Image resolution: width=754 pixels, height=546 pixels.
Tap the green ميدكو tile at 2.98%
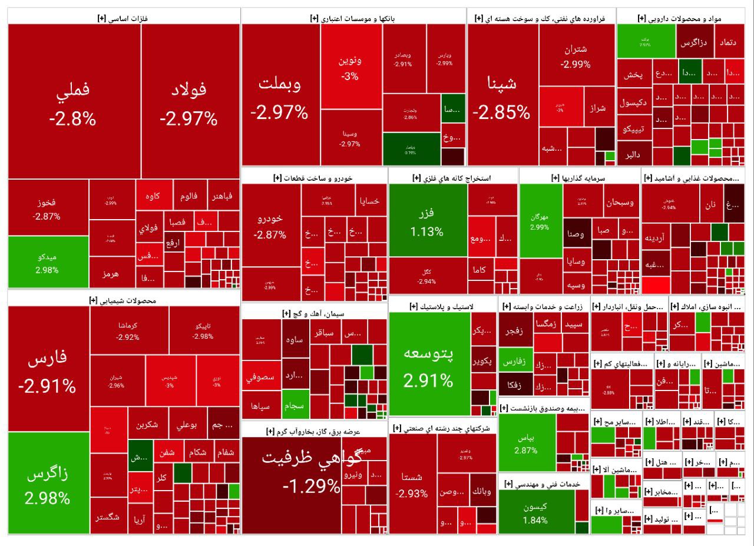(48, 262)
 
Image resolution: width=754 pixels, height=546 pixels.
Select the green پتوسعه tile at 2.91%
(429, 365)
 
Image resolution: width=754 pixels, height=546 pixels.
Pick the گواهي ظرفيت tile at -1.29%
(293, 477)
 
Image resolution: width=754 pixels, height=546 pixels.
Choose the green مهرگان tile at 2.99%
(540, 221)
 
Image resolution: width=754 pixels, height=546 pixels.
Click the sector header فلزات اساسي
(124, 18)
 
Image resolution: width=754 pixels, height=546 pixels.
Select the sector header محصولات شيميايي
(124, 300)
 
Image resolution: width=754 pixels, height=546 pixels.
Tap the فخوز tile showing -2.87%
(48, 209)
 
